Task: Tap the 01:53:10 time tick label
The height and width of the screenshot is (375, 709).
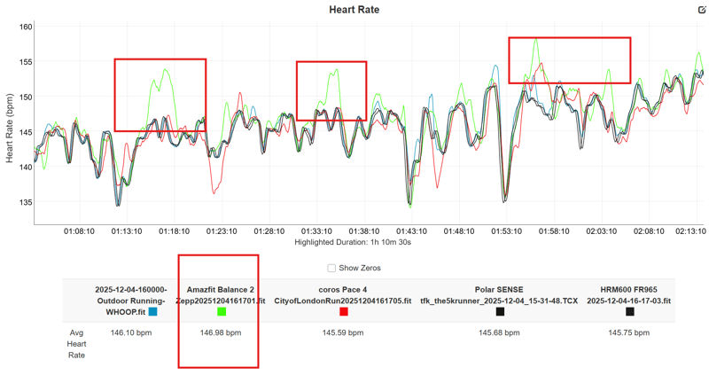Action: [x=506, y=231]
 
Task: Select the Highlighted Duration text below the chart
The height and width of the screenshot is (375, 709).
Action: [x=353, y=242]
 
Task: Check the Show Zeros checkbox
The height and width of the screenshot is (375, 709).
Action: [x=331, y=268]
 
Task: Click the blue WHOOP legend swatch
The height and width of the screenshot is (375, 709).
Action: [x=153, y=312]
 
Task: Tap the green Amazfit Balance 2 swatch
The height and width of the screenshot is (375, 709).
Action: [x=221, y=312]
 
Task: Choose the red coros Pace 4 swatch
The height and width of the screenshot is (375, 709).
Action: [x=344, y=312]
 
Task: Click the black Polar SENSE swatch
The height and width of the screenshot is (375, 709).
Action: [x=500, y=312]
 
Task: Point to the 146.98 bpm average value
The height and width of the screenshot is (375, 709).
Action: [x=221, y=333]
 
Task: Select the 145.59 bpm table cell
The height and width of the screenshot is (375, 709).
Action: [x=344, y=333]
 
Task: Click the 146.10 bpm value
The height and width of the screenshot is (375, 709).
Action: [x=131, y=333]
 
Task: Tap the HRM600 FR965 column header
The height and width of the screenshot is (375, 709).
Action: [x=630, y=295]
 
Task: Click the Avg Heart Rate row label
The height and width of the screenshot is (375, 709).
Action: [x=78, y=343]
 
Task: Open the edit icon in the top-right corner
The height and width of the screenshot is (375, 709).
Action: [x=701, y=9]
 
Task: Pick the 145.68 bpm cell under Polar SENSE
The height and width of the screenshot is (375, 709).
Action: [x=500, y=333]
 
